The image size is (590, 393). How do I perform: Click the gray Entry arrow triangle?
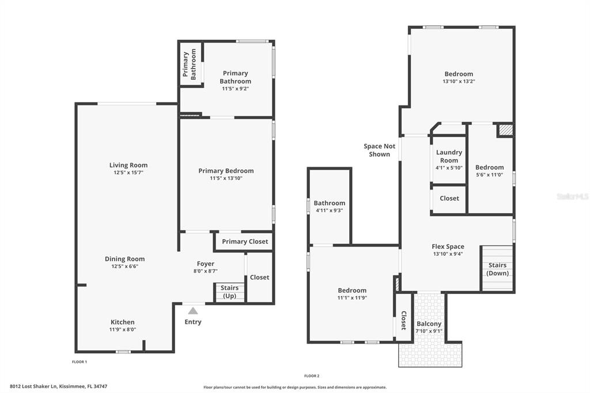click(193, 311)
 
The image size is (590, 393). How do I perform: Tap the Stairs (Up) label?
click(229, 292)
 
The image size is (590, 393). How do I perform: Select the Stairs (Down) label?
click(497, 269)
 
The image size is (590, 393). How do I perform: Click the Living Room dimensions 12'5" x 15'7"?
click(128, 172)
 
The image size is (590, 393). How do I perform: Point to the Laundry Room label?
click(449, 156)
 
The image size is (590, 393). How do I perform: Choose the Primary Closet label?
click(245, 241)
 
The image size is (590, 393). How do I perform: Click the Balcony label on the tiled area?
click(429, 324)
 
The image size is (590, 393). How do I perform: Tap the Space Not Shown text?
click(379, 150)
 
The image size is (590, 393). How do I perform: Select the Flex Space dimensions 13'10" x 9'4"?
click(448, 254)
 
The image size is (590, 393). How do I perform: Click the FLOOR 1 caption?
click(80, 362)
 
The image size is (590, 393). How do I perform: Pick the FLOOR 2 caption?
click(312, 376)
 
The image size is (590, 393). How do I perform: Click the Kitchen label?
click(122, 322)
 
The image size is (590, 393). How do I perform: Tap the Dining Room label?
click(124, 259)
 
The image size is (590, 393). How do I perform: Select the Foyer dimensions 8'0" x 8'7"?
click(206, 271)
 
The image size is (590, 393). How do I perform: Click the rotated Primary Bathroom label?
click(189, 64)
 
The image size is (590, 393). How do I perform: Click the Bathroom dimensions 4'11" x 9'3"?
click(329, 210)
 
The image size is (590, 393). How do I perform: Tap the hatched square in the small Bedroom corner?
click(506, 130)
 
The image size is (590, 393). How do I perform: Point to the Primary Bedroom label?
click(226, 171)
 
